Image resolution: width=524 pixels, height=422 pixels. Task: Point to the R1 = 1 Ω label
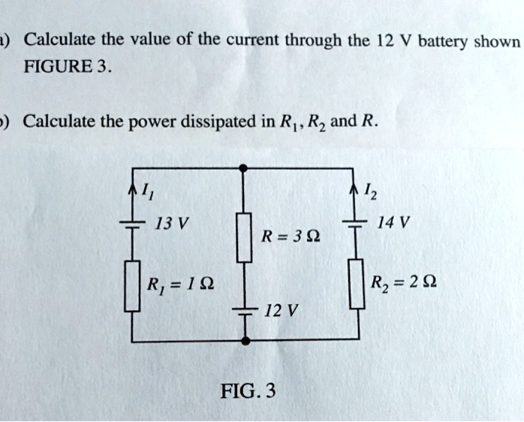click(x=181, y=285)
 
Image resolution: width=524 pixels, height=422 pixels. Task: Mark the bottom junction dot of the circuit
click(x=244, y=341)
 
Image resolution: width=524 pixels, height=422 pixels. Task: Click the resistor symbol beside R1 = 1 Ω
click(x=131, y=285)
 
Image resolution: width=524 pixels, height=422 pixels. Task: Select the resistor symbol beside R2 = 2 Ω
click(x=356, y=284)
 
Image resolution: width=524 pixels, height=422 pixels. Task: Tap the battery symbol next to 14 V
click(x=356, y=225)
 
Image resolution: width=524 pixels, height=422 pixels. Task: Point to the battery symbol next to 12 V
click(x=244, y=310)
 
